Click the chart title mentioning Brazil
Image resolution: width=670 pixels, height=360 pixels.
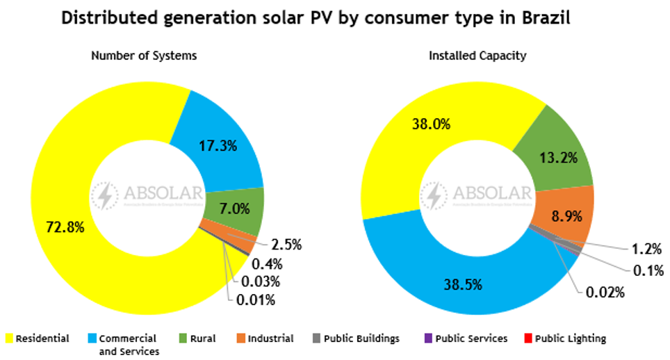316,19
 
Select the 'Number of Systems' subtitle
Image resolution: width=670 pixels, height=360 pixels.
144,56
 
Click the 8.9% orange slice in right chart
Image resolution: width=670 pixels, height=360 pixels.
566,216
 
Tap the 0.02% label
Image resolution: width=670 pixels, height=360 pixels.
605,292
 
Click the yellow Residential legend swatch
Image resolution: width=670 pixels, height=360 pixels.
9,339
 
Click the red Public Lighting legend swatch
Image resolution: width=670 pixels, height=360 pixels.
529,339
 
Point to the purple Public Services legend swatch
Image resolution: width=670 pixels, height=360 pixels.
428,339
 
